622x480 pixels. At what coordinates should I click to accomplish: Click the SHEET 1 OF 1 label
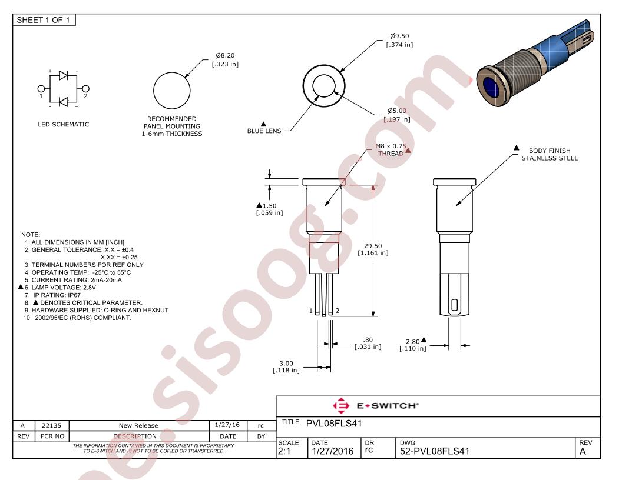(43, 20)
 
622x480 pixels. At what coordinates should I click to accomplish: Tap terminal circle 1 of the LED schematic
(41, 89)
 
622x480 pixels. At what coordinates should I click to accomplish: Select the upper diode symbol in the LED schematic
(64, 75)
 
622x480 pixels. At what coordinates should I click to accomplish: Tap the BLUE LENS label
(264, 131)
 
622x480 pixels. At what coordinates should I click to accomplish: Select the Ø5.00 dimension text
(397, 115)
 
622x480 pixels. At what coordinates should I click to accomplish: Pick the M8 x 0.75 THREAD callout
(391, 149)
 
